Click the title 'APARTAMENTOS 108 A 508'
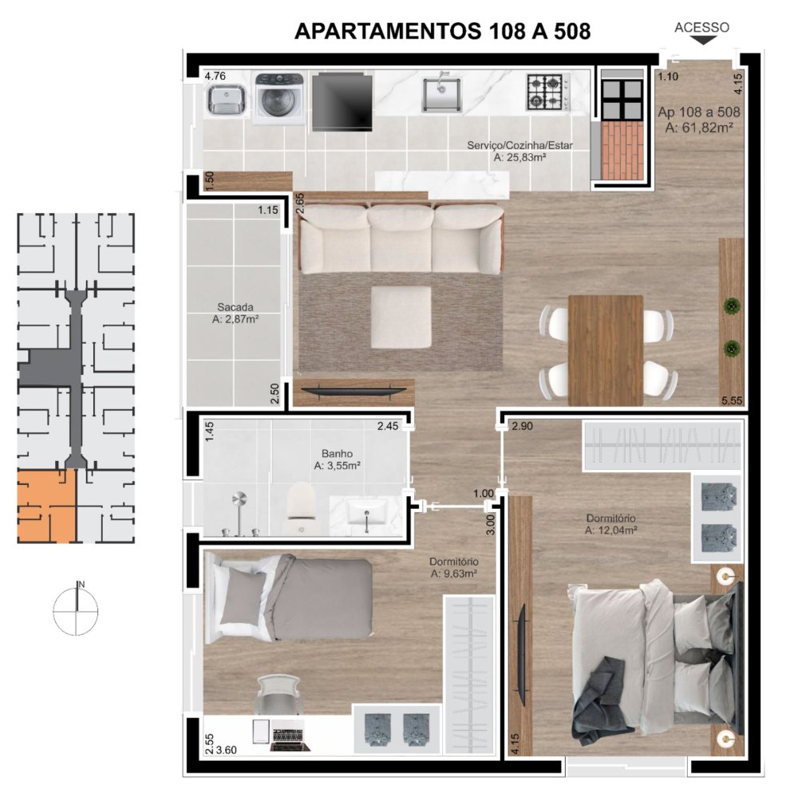pos(442,31)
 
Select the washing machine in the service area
pos(278,100)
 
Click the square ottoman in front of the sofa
pos(401,317)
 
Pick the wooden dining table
pos(605,348)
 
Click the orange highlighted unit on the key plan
pos(46,506)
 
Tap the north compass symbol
pos(77,610)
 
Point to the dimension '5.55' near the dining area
pos(731,401)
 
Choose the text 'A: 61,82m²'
pos(699,126)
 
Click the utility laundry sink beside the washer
pos(225,100)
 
